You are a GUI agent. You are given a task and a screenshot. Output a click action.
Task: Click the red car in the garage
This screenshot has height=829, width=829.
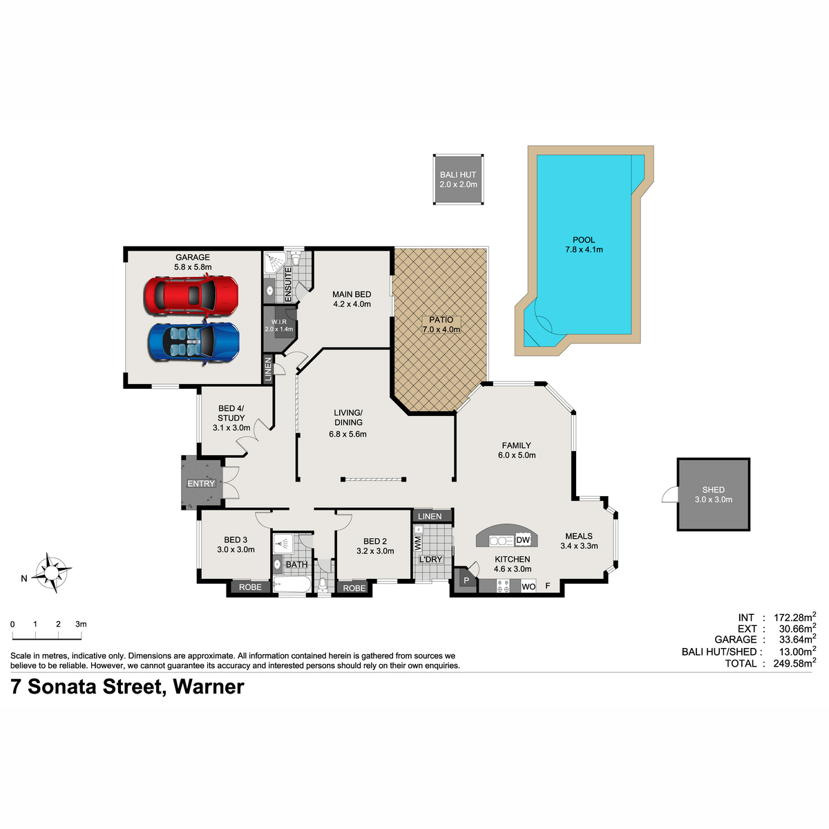tap(191, 295)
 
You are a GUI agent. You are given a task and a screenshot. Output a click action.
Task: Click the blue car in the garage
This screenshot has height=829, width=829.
tap(193, 342)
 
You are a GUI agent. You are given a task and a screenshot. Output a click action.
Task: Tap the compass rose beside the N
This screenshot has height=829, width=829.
tap(53, 573)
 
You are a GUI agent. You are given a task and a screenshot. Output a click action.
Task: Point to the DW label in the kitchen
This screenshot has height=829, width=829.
tap(523, 540)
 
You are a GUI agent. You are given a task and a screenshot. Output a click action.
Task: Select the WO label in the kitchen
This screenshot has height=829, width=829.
tap(528, 587)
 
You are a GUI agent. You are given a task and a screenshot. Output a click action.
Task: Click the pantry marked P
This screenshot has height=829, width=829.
tap(466, 581)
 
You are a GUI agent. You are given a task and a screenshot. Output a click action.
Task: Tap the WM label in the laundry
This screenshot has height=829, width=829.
tap(418, 544)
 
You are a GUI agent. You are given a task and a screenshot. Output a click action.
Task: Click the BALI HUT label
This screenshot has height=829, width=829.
tap(458, 175)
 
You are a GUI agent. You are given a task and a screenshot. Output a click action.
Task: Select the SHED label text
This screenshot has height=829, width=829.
tap(713, 490)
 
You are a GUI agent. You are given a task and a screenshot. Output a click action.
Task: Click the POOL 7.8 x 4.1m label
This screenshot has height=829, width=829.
tap(584, 245)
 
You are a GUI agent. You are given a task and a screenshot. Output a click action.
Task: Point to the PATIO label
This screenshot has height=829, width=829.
tap(441, 320)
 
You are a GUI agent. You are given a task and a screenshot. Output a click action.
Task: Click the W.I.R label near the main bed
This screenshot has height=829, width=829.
tap(279, 322)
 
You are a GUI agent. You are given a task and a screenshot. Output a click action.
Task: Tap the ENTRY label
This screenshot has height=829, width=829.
tap(201, 484)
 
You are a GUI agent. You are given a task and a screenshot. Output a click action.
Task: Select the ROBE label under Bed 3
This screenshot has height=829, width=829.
tap(250, 587)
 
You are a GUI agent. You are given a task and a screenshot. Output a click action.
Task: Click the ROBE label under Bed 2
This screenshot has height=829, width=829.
tap(354, 588)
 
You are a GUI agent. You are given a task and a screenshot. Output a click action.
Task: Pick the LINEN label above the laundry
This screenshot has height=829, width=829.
tap(429, 516)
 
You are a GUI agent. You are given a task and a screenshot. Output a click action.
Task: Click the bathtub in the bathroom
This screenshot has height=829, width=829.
tap(292, 584)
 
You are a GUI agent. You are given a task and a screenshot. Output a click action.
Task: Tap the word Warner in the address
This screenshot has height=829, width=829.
tap(208, 687)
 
